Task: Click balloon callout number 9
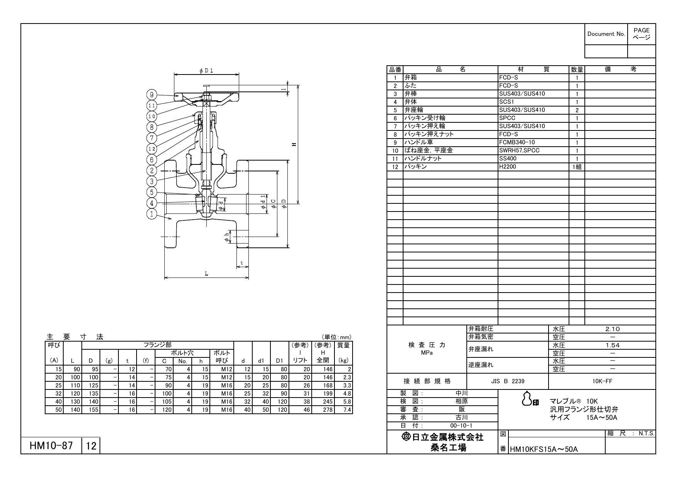pyautogui.click(x=152, y=95)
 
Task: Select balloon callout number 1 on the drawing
pyautogui.click(x=152, y=214)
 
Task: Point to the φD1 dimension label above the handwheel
pyautogui.click(x=206, y=71)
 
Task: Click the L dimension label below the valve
pyautogui.click(x=206, y=274)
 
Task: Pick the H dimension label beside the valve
pyautogui.click(x=294, y=144)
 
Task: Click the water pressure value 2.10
pyautogui.click(x=612, y=329)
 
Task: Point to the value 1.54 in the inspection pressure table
pyautogui.click(x=612, y=345)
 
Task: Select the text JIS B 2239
pyautogui.click(x=507, y=381)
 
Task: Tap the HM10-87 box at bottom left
pyautogui.click(x=51, y=446)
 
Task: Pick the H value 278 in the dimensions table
pyautogui.click(x=328, y=410)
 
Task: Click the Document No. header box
pyautogui.click(x=606, y=34)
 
